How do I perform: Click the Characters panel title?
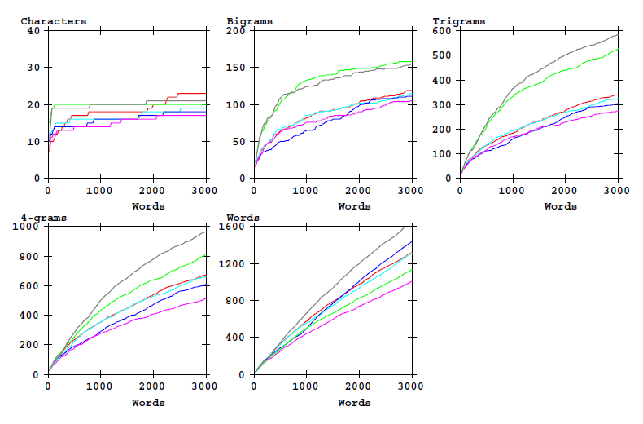tap(54, 21)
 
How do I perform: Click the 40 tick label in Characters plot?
tap(33, 31)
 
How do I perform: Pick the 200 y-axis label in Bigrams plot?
tap(235, 31)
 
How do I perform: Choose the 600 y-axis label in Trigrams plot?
tap(441, 31)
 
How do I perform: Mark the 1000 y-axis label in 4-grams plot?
tap(27, 227)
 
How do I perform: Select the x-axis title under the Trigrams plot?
tap(560, 206)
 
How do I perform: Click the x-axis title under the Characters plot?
tap(148, 206)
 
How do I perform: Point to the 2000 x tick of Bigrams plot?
tap(358, 191)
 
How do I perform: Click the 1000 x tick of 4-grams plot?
tap(100, 386)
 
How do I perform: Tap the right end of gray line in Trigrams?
tap(617, 35)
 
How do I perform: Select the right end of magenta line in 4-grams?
tap(205, 298)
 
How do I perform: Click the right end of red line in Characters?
tap(205, 94)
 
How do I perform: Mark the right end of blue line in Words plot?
tap(411, 242)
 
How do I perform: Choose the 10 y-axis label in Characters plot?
tap(33, 142)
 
